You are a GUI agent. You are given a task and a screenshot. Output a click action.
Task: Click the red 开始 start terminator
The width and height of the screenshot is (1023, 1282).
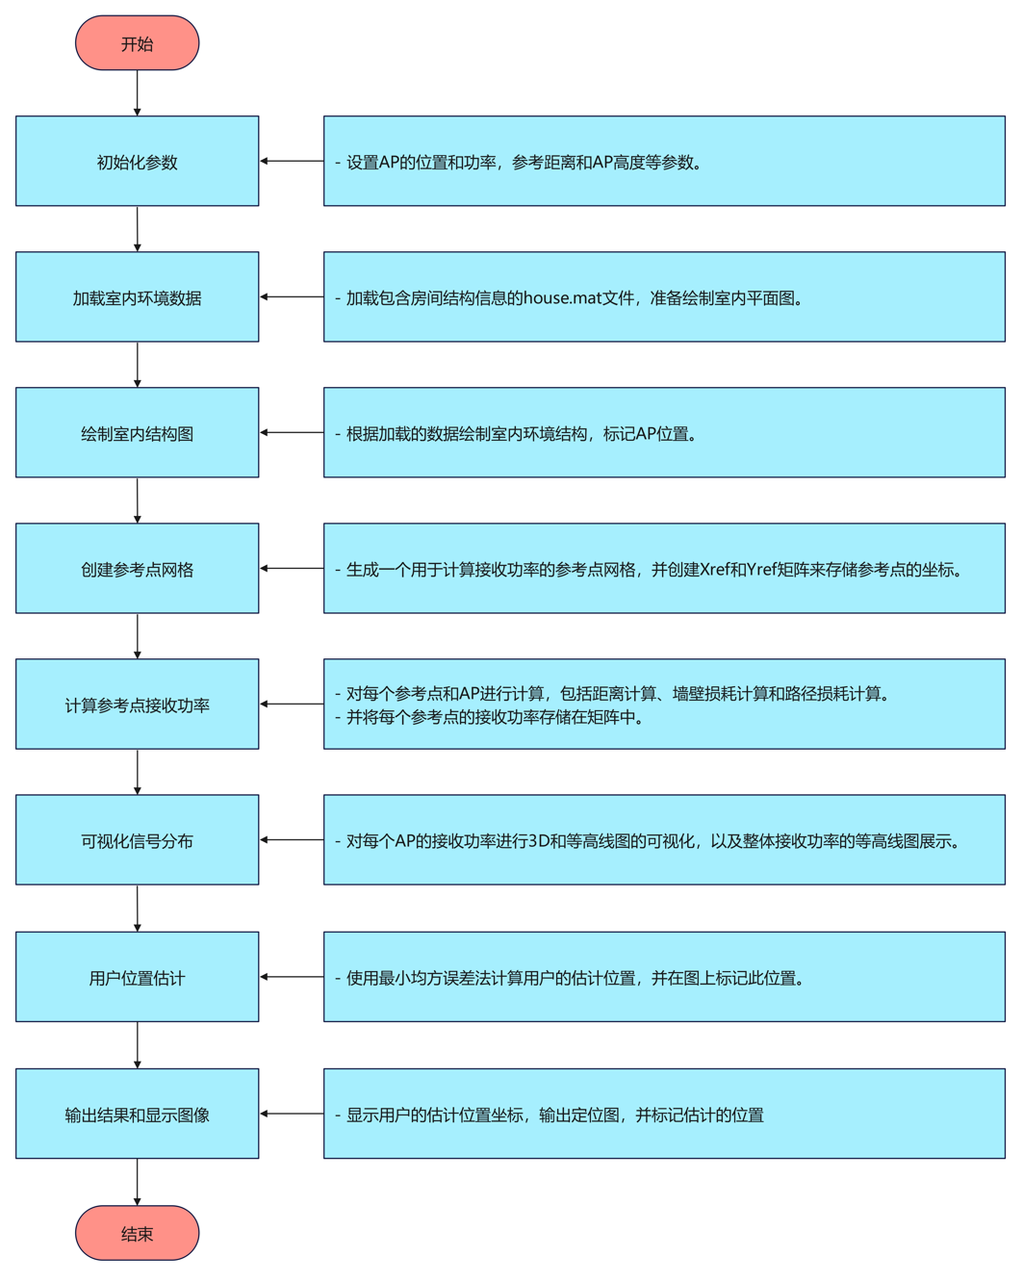(x=137, y=43)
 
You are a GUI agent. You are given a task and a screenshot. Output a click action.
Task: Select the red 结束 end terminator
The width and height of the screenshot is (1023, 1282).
(x=137, y=1233)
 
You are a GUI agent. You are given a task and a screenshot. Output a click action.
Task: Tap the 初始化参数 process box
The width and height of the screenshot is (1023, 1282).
(x=137, y=162)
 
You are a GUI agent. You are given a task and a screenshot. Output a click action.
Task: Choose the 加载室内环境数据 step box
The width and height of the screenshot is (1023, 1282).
(x=137, y=297)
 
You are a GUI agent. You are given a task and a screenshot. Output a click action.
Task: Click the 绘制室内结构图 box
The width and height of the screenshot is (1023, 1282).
(x=137, y=433)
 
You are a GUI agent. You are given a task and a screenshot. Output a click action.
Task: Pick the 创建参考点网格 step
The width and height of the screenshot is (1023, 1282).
(x=137, y=569)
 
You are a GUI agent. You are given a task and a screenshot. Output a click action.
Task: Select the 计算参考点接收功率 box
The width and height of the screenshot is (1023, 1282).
(x=137, y=705)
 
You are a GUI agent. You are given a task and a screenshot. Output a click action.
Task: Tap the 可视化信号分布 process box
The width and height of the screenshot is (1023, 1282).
(x=137, y=840)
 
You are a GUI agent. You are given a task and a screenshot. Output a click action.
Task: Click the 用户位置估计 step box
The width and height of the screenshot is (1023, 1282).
(x=137, y=977)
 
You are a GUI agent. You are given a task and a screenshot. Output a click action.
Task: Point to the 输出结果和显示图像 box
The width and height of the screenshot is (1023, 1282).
(x=137, y=1114)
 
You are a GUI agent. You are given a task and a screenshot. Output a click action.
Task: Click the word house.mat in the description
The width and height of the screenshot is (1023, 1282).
(x=562, y=298)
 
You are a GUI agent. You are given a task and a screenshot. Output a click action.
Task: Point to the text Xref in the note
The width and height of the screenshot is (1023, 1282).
(x=715, y=570)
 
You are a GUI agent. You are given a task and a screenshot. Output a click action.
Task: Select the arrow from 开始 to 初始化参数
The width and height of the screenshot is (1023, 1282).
(x=138, y=93)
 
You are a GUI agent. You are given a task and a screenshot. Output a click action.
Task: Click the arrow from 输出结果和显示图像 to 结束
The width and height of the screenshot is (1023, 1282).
(x=138, y=1182)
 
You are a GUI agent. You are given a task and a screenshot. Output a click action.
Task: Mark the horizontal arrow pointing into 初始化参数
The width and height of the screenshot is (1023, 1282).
(x=292, y=162)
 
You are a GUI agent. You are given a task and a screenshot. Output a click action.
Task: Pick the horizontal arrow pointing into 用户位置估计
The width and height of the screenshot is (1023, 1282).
(x=292, y=977)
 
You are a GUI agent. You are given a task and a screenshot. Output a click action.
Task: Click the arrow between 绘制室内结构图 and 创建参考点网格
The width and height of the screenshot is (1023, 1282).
(x=138, y=500)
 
